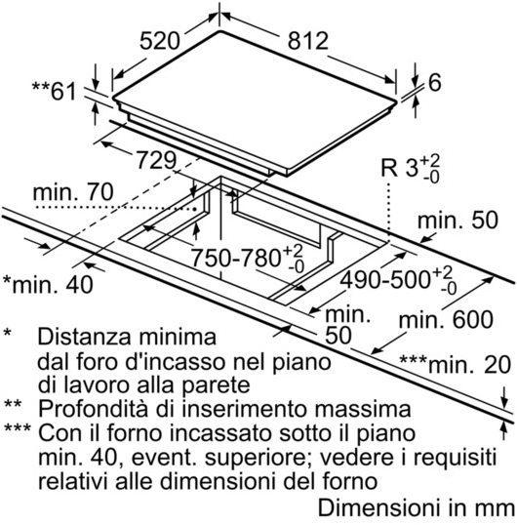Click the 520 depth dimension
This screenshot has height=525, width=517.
point(160,41)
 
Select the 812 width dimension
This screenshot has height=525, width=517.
point(308,41)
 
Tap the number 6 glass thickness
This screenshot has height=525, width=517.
point(435,83)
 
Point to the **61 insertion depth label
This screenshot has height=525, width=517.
point(55,91)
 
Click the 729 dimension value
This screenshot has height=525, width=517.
point(156,160)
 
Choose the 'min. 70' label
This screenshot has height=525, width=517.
point(73,192)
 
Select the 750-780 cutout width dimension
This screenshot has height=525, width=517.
point(248,259)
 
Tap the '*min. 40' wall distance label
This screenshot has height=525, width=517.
point(48,285)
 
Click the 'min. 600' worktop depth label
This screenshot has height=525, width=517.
point(446,320)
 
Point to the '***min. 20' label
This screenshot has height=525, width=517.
point(456,365)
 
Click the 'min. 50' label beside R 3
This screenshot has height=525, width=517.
point(458,221)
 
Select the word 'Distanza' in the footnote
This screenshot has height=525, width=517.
point(84,337)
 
